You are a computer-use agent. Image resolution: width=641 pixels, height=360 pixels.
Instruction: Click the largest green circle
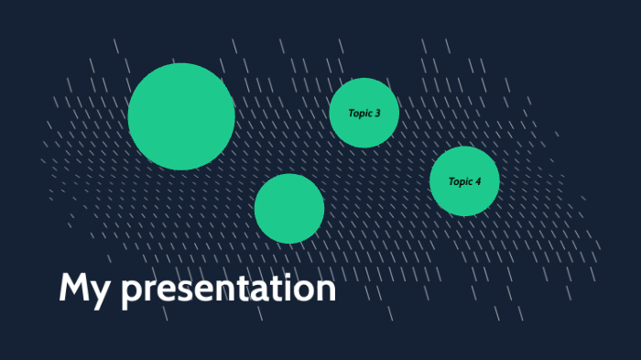181,116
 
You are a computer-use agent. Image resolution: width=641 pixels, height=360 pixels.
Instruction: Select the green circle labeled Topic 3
364,113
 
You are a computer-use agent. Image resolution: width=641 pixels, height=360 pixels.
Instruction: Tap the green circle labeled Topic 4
464,181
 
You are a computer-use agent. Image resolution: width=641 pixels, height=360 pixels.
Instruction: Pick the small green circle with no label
289,209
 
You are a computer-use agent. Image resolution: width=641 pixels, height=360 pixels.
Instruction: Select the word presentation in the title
229,290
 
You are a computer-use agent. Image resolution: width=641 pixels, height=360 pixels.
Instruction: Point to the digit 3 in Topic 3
377,114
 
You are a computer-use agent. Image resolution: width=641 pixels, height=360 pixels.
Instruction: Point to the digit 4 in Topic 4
478,181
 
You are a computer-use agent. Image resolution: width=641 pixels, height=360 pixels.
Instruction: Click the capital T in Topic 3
351,114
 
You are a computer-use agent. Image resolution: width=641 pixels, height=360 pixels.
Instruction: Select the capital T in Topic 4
451,181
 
